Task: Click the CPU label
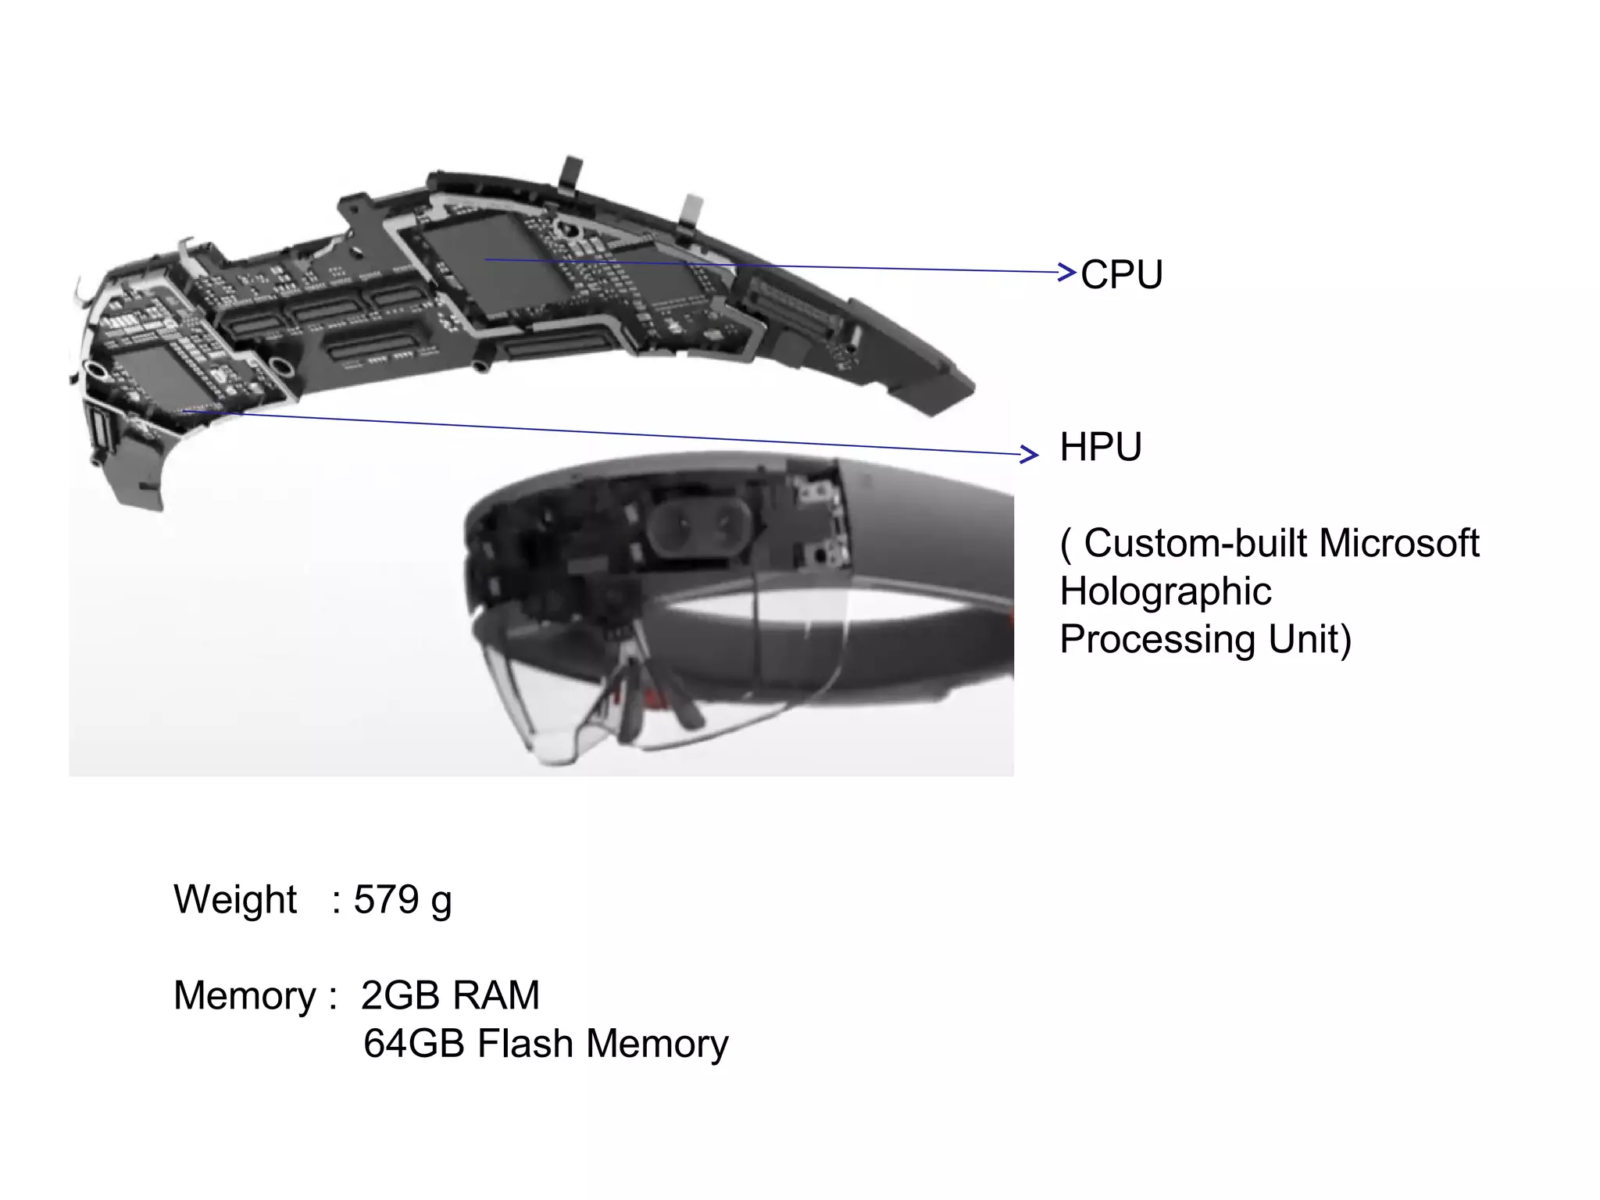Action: tap(1121, 275)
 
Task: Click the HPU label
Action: tap(1100, 448)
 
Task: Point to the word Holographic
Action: tap(1166, 591)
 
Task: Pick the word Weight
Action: tap(234, 899)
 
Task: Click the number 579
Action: tap(387, 899)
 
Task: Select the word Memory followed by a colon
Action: tap(254, 996)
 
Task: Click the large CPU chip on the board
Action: tap(492, 262)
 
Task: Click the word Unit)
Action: tap(1309, 640)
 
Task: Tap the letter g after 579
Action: tap(441, 902)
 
